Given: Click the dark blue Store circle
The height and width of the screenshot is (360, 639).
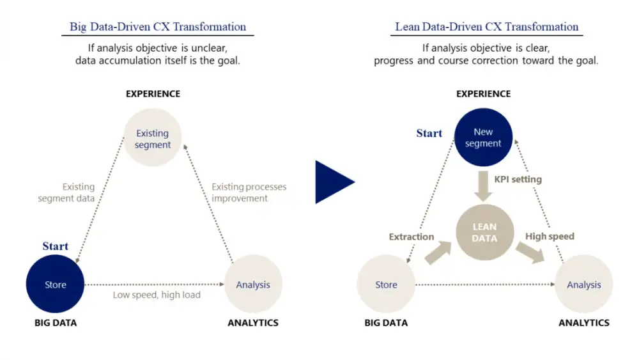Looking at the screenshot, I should pos(55,285).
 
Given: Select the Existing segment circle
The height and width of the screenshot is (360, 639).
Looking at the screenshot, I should pos(152,139).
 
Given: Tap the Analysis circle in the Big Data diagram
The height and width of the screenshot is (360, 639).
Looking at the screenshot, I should pos(253,285).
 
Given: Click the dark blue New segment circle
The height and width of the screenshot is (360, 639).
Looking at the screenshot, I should pos(483,137).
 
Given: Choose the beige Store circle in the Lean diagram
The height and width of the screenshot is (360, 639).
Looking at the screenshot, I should pos(386,285).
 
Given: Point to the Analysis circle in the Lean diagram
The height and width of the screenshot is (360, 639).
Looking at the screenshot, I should pos(583,285).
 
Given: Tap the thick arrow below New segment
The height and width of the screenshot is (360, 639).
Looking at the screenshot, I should pos(483,185).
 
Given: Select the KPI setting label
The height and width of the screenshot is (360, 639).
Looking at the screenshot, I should pos(518,180).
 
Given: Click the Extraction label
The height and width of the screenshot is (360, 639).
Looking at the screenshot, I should pos(412,237).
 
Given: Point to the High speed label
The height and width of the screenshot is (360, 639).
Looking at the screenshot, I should pos(550,237).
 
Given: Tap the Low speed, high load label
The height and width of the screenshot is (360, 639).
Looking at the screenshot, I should pos(157,295).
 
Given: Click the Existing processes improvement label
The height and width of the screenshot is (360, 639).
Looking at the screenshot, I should pos(249,192).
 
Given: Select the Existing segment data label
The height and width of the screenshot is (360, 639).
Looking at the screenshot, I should pos(66,192).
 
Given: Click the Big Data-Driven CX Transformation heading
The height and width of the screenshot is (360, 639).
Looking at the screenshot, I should pos(157,27).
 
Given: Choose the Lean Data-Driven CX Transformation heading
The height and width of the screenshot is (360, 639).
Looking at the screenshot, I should pos(486,27).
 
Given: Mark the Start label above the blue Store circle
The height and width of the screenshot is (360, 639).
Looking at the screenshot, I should pos(55,246).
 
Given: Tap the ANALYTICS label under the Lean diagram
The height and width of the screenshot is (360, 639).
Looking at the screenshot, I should pos(583,323).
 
